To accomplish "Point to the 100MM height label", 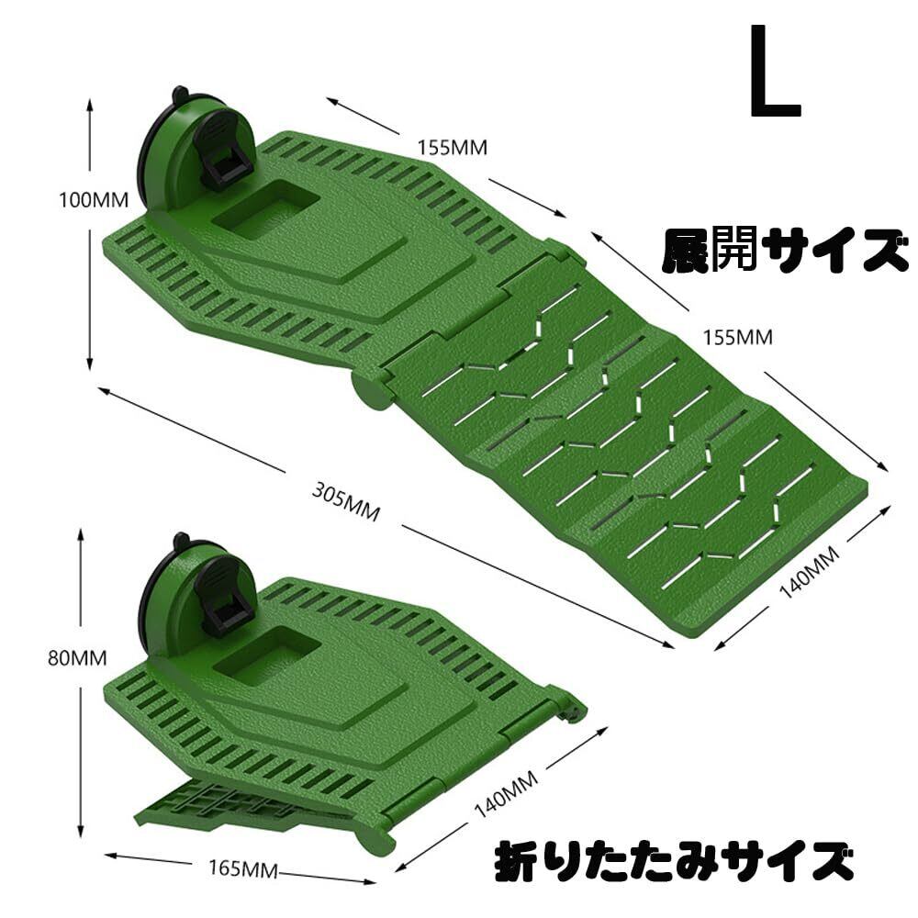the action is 93,199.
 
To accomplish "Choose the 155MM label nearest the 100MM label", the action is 452,146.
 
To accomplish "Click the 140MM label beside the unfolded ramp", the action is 809,572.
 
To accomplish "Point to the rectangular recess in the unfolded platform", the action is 265,207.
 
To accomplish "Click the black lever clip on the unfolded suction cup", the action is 224,158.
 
